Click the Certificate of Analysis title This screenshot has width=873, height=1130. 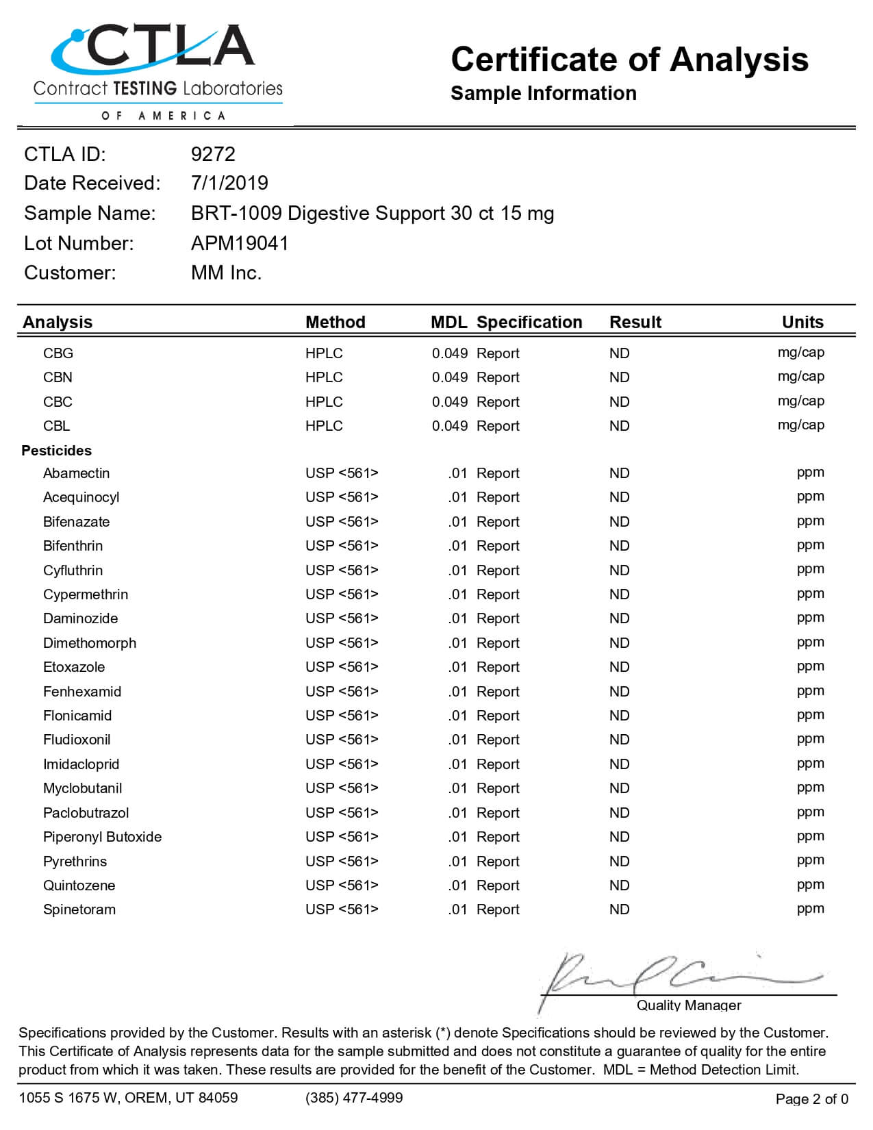click(629, 60)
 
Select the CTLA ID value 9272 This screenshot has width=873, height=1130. click(213, 154)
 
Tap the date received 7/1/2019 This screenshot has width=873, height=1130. click(229, 183)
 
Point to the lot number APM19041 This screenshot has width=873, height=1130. click(240, 243)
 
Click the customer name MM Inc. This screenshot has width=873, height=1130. click(226, 273)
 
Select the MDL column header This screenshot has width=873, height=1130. click(448, 322)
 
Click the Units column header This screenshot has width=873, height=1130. click(802, 322)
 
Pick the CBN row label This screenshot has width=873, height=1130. click(58, 377)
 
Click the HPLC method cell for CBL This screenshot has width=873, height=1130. click(324, 426)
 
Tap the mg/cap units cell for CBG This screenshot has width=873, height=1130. click(800, 353)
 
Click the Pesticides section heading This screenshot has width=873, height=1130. click(56, 451)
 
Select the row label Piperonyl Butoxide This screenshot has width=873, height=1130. click(102, 837)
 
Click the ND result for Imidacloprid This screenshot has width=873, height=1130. click(619, 764)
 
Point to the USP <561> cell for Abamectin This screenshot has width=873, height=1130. click(342, 473)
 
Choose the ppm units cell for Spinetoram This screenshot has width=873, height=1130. click(810, 909)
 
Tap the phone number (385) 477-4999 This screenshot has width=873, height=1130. click(354, 1098)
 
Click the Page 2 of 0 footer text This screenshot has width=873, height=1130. click(811, 1099)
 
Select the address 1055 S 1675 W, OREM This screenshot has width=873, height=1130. click(128, 1098)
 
